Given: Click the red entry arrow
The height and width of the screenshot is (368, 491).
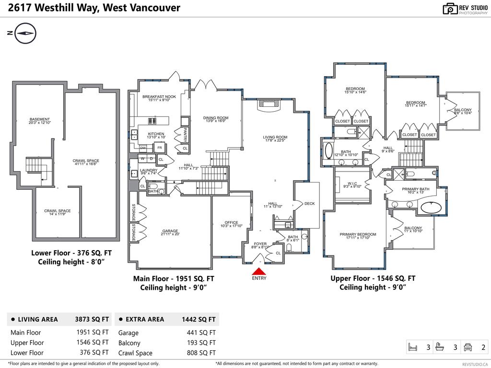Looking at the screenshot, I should [x=259, y=272].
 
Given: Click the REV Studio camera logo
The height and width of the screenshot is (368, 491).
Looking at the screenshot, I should [x=450, y=9].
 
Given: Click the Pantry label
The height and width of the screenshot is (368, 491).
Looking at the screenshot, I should [x=185, y=134].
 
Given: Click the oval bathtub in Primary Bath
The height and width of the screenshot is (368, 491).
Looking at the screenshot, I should [x=431, y=208].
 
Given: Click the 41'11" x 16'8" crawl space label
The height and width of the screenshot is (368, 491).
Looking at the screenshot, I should [x=86, y=162].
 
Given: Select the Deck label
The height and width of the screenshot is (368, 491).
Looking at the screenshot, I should [x=310, y=204].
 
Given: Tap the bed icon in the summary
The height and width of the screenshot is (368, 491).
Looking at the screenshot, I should [x=412, y=347].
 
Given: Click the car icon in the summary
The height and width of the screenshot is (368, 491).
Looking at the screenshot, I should [x=468, y=347].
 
